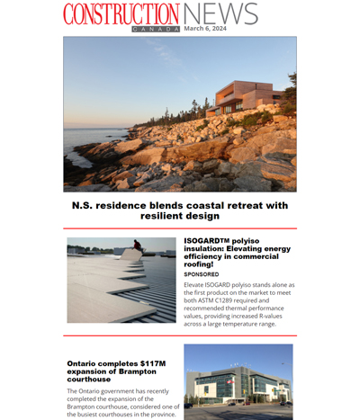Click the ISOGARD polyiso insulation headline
click(x=238, y=252)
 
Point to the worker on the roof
click(x=137, y=245)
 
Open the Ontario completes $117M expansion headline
click(x=112, y=371)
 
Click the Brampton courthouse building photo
click(x=238, y=382)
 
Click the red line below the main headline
click(x=180, y=228)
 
